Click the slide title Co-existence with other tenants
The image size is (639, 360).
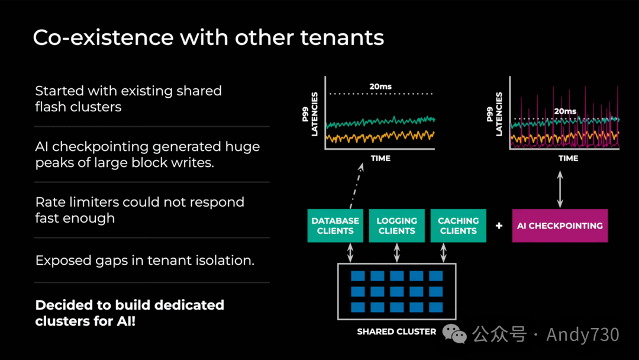coord(208,38)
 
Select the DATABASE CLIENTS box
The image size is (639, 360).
coord(335,226)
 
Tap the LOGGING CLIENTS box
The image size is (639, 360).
coord(396,226)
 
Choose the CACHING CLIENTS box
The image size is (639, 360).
coord(458,226)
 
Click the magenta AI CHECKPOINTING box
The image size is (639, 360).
coord(560,226)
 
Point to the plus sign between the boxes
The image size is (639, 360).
coord(499,226)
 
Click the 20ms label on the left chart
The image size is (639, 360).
coord(380,86)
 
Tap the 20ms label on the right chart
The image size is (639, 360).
coord(564,111)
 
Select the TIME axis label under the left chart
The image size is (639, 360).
coord(380,158)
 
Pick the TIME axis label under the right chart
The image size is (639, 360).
coord(568,158)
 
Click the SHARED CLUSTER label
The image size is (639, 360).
coord(396,332)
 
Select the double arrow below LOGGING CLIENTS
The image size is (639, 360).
coord(396,253)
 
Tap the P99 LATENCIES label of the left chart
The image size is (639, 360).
coord(314,114)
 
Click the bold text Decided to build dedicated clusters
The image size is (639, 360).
coord(130,313)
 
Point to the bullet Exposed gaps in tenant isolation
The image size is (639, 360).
coord(145,260)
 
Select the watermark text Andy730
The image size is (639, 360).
coord(582,335)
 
